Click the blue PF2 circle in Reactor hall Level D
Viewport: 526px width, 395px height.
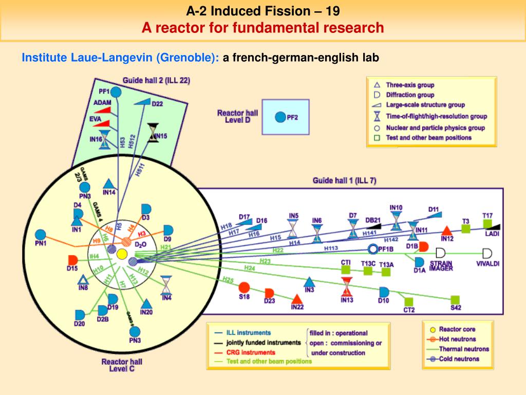tap(280, 117)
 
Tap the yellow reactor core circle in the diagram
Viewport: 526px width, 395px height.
tap(122, 254)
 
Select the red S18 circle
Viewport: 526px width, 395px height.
tap(244, 287)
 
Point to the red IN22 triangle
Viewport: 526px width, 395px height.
tap(296, 299)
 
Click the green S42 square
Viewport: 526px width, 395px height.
tap(455, 300)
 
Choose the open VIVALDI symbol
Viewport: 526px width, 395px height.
tap(486, 253)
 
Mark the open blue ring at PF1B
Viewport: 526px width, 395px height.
tap(373, 249)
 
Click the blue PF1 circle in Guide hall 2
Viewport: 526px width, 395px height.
tap(116, 92)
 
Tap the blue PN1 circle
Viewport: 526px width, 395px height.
tap(41, 234)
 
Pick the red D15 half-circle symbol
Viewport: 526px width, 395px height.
tap(72, 260)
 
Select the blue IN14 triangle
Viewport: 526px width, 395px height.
tap(108, 184)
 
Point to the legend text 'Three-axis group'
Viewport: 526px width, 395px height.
tap(410, 85)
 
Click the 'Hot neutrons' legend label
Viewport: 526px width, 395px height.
tap(457, 339)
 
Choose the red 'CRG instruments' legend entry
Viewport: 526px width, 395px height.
tap(251, 352)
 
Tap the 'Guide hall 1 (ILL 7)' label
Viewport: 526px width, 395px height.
tap(344, 181)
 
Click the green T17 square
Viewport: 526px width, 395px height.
tap(487, 224)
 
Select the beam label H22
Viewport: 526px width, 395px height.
tap(278, 250)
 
